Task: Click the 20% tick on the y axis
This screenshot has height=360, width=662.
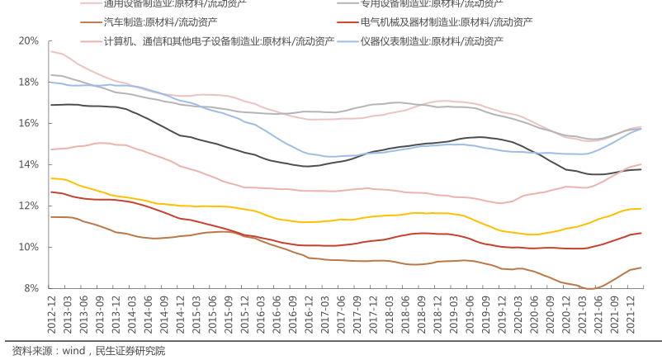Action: point(28,40)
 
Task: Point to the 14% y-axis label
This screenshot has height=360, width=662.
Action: point(28,164)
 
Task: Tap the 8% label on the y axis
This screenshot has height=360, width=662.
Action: point(31,288)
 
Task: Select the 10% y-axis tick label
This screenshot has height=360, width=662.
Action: point(28,247)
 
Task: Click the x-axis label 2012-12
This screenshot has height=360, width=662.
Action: point(52,314)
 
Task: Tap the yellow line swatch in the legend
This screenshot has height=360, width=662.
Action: point(92,21)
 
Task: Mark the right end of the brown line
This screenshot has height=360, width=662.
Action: point(641,268)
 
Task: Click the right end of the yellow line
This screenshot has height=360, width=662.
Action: point(641,209)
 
